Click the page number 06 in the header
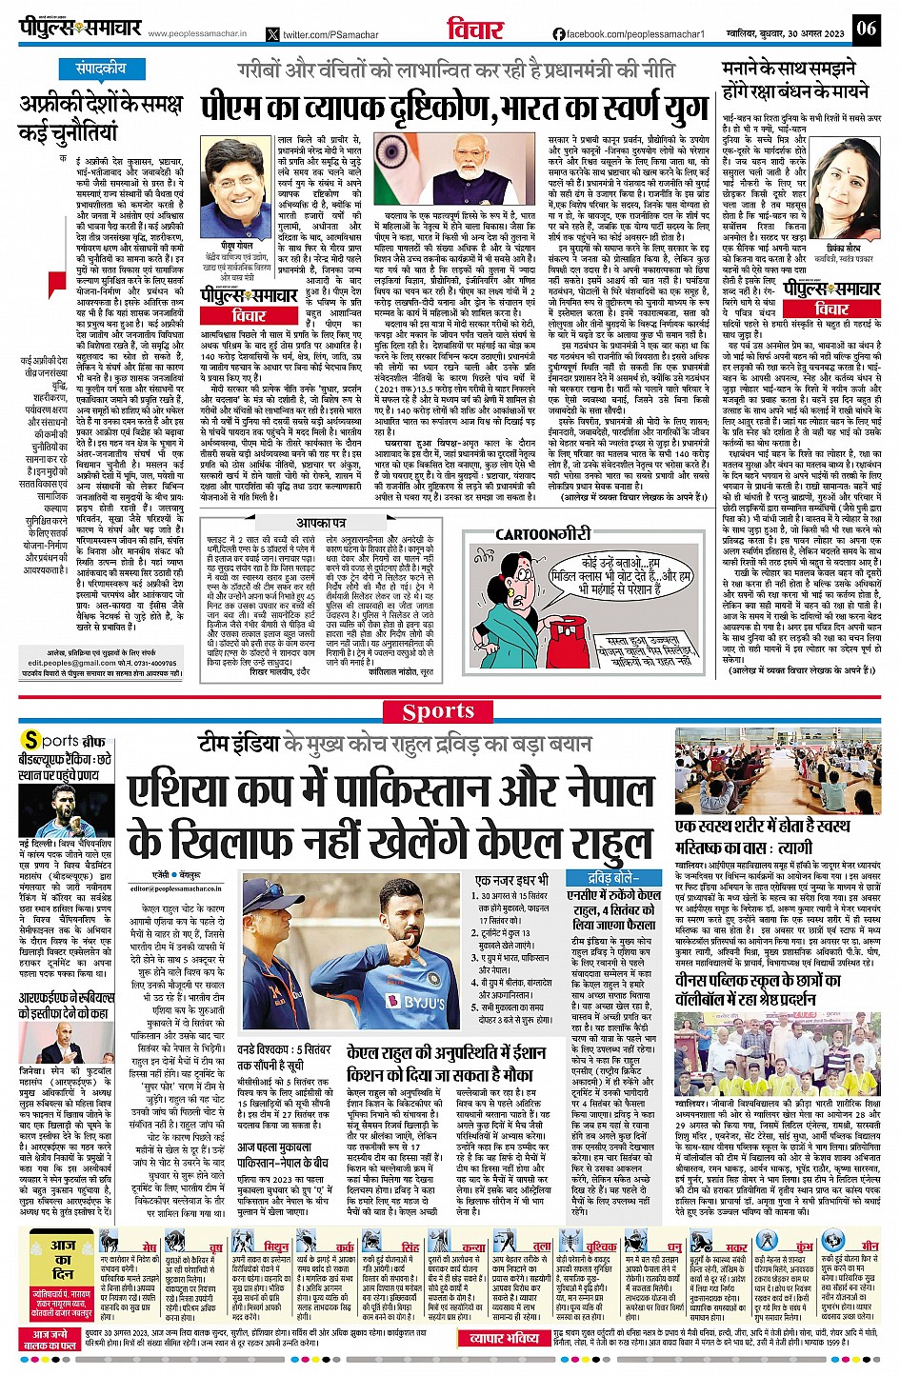pos(866,28)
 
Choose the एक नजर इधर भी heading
pos(511,881)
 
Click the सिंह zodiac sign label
pos(410,1246)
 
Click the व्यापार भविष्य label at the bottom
pos(504,1338)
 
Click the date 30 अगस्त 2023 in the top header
pos(808,34)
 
